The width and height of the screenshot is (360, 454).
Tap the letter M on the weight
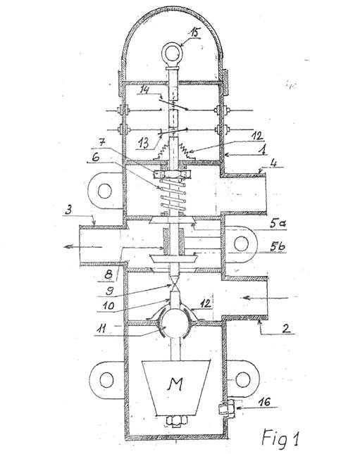175,384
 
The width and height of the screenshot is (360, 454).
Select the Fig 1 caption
280,438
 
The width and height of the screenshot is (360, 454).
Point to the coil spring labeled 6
173,195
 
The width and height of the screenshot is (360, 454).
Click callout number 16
264,402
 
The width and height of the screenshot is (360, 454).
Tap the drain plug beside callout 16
226,408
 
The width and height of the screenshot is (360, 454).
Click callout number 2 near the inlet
285,329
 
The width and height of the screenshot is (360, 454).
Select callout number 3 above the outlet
68,210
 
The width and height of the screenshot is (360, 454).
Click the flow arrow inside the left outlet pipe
82,246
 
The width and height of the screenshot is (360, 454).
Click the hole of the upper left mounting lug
105,191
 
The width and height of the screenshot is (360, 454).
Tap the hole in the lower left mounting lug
106,379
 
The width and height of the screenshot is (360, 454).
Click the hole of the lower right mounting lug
243,379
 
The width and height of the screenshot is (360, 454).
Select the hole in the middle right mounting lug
241,244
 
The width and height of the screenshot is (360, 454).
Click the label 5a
278,224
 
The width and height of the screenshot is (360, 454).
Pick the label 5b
278,246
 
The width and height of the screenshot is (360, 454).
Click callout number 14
144,90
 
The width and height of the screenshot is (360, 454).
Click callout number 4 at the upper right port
273,163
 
